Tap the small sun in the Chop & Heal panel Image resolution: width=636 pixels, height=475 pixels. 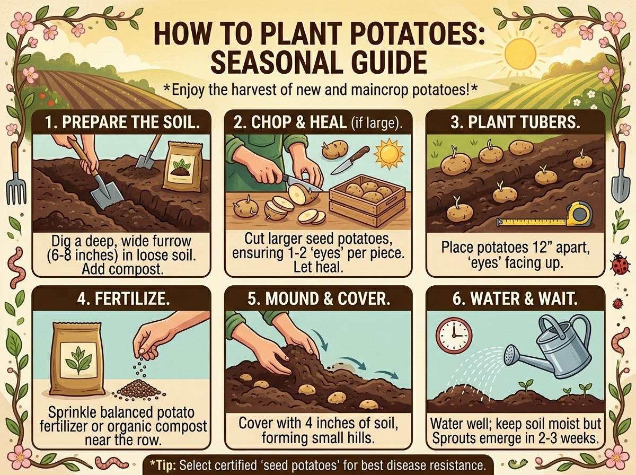(389, 153)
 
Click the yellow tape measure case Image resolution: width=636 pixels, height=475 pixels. (578, 214)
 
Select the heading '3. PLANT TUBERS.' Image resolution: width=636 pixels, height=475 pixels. (515, 122)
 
